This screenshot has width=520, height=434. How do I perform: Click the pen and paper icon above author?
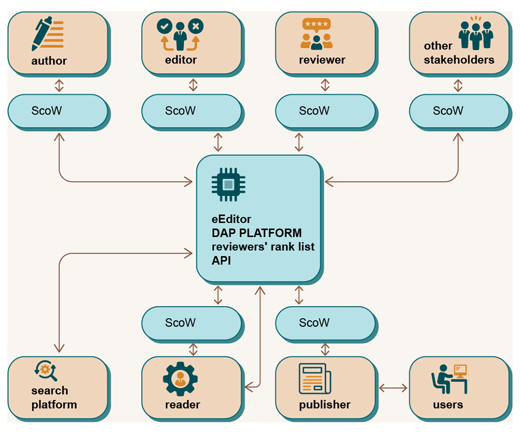(48, 33)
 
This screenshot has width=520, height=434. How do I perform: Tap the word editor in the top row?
(181, 60)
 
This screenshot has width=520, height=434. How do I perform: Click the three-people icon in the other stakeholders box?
(476, 33)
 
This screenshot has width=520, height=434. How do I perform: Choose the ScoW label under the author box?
(46, 110)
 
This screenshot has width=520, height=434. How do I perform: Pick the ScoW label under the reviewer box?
(314, 110)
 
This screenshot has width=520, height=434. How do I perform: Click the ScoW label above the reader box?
(180, 323)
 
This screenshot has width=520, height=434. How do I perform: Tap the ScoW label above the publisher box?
(314, 323)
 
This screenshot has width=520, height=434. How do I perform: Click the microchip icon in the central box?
(228, 185)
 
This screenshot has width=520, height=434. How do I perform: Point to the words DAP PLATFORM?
(257, 233)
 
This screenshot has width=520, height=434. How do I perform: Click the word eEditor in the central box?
(231, 219)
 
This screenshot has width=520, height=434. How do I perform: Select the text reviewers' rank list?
(263, 247)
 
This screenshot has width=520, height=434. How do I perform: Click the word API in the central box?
(221, 261)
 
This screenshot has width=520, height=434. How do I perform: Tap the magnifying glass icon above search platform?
(46, 371)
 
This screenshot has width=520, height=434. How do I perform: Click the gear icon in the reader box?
(180, 379)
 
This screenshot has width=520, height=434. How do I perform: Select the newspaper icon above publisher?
(315, 378)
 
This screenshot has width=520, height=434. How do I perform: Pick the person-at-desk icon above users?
(449, 379)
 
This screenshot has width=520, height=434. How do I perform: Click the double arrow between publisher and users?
(393, 388)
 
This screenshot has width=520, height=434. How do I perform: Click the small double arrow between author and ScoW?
(59, 85)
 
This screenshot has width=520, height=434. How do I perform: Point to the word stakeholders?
(459, 60)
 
